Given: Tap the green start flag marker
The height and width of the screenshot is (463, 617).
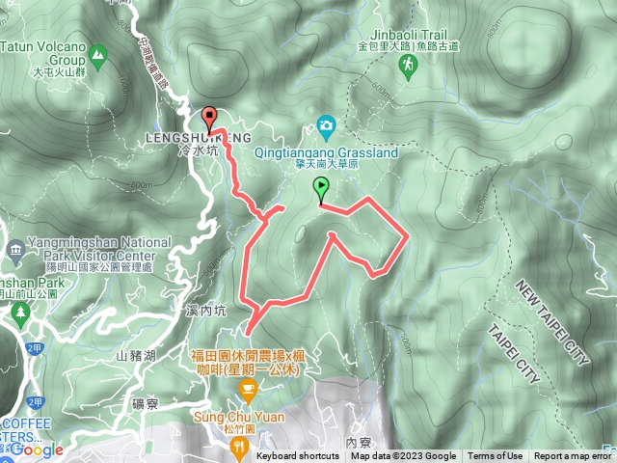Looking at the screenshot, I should (321, 190).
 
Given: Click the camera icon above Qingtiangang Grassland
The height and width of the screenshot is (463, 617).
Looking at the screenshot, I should (326, 124).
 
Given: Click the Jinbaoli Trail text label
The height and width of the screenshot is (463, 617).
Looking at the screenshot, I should (402, 32).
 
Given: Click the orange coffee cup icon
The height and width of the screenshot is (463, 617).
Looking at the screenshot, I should (247, 390).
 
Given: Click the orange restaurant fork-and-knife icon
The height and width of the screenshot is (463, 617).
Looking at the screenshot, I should (239, 447).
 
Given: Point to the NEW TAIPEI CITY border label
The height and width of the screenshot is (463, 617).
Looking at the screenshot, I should (551, 323).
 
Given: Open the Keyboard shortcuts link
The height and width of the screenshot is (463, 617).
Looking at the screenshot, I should (300, 456).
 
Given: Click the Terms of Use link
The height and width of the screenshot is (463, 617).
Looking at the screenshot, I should (496, 456).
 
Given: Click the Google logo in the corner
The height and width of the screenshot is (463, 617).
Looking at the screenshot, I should (39, 449).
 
